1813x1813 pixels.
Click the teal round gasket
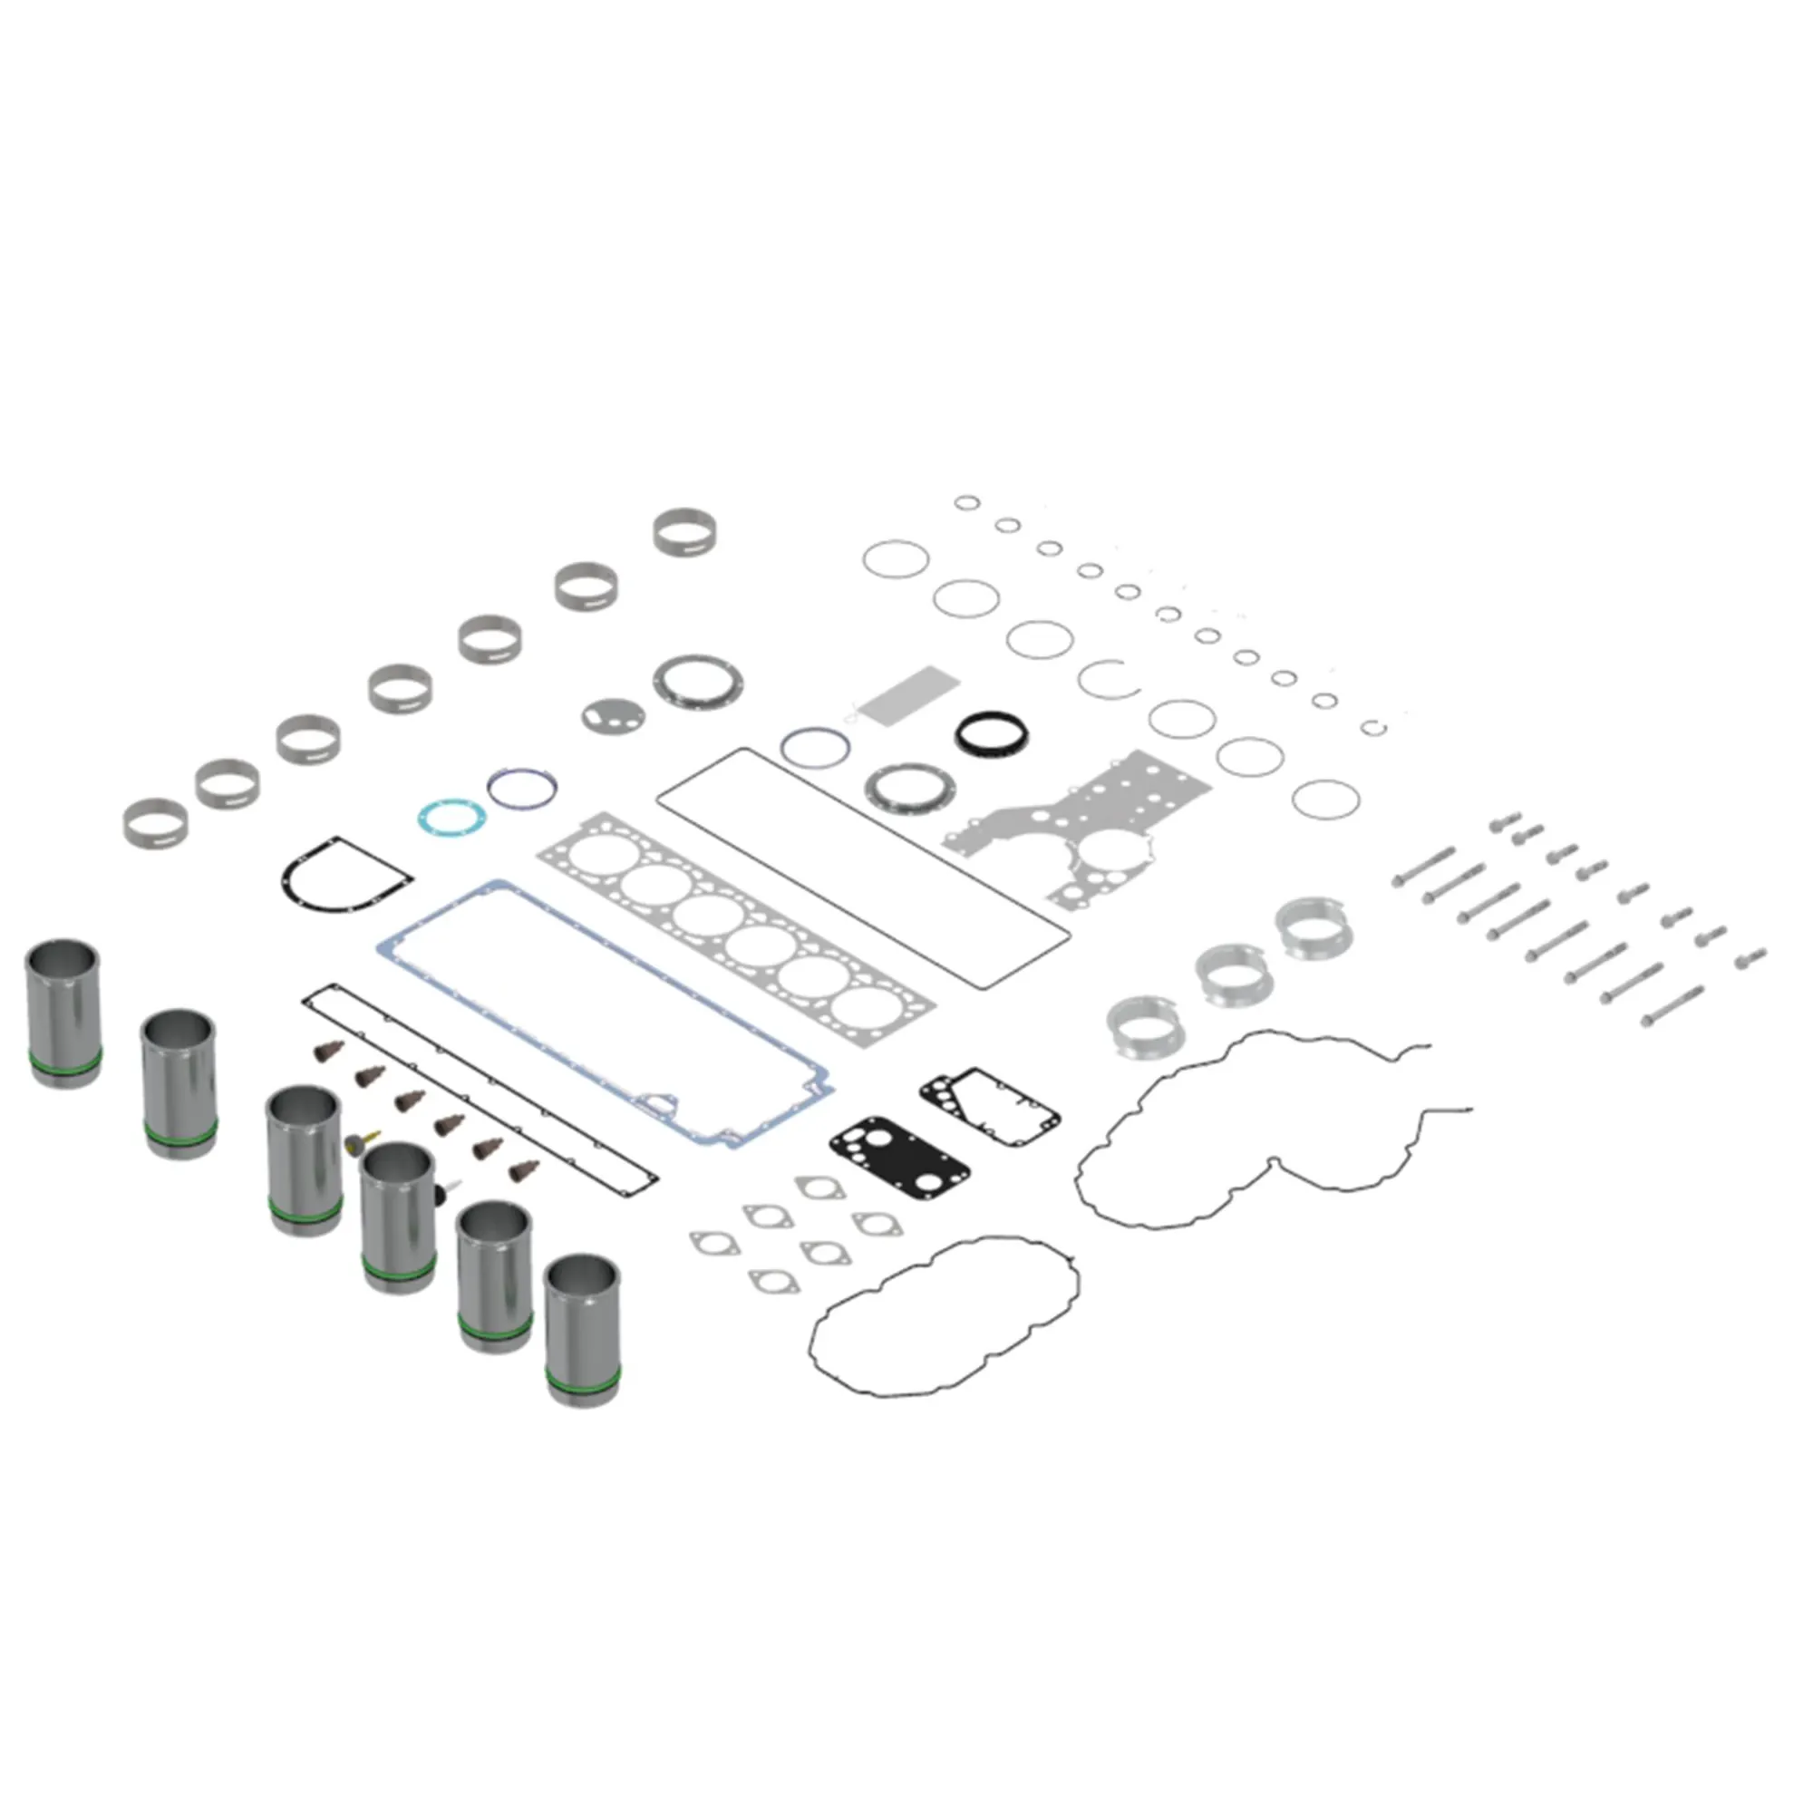pos(451,816)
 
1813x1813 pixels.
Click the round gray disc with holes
pos(612,716)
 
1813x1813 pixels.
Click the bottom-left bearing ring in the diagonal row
pos(155,823)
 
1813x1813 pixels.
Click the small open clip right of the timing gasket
pos(1375,727)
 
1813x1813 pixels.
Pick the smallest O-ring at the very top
pos(966,503)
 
